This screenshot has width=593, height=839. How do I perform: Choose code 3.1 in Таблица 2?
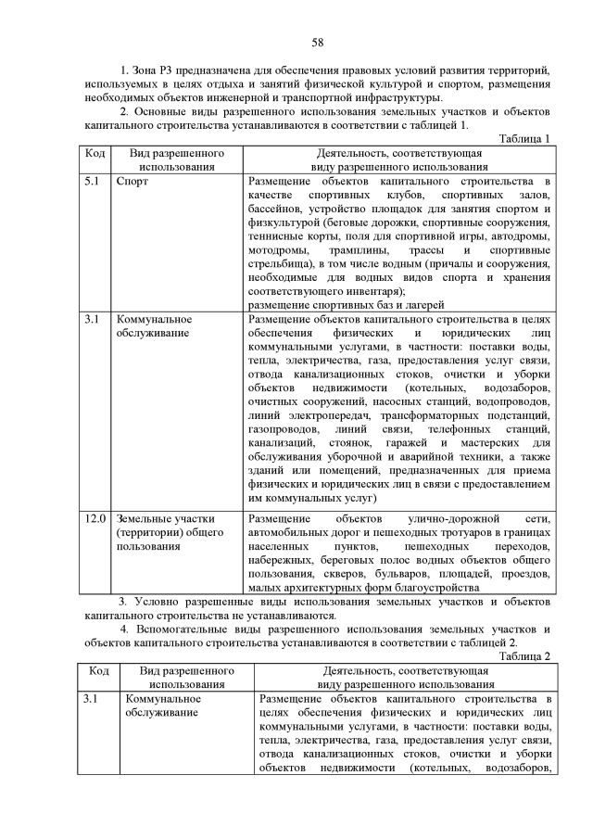click(x=92, y=697)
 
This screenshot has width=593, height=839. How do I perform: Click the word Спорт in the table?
click(x=132, y=182)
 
